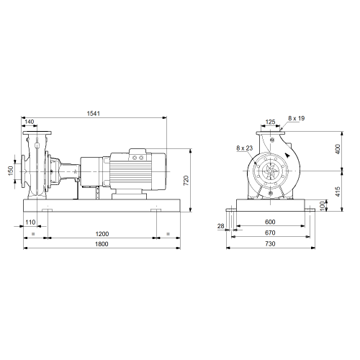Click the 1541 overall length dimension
(94, 113)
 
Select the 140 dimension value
(30, 122)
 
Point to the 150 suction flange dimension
(11, 171)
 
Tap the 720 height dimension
(186, 181)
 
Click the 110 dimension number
(30, 222)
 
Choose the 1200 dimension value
(102, 233)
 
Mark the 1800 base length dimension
(102, 244)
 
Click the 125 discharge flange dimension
(270, 122)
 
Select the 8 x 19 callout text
(297, 118)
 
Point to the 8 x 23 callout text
(245, 148)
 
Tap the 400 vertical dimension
(338, 149)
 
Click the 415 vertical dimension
(338, 192)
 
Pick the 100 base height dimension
(323, 206)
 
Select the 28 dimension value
(221, 226)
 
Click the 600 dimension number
(270, 222)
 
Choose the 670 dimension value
(270, 233)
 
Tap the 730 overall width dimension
(270, 244)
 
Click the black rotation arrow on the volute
(287, 155)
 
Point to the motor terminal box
(138, 155)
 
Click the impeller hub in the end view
(271, 171)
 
